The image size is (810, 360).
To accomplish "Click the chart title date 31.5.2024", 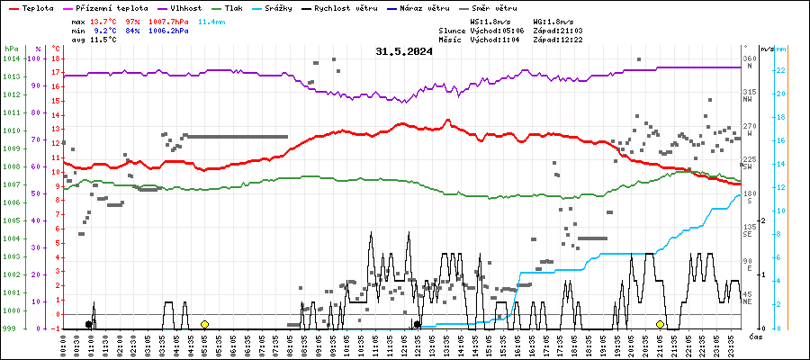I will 404,51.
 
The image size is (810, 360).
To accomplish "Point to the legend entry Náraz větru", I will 449,7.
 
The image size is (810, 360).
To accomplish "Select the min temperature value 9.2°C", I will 105,30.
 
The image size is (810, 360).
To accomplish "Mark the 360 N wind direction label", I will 748,63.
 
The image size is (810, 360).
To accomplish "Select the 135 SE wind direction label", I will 748,231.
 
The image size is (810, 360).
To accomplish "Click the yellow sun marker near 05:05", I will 204,324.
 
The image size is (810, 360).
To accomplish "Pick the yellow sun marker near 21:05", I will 660,324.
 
